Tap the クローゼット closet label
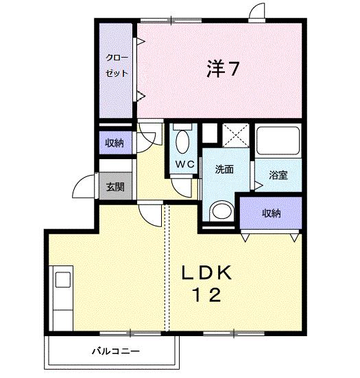click(x=117, y=66)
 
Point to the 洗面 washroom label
click(x=224, y=169)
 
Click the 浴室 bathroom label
click(x=278, y=175)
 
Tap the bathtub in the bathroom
click(x=278, y=141)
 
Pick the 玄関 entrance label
click(x=115, y=185)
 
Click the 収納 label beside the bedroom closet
click(x=114, y=143)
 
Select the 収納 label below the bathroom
click(x=272, y=213)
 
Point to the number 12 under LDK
click(x=205, y=296)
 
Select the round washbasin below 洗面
click(x=220, y=209)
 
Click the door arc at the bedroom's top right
click(x=257, y=12)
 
